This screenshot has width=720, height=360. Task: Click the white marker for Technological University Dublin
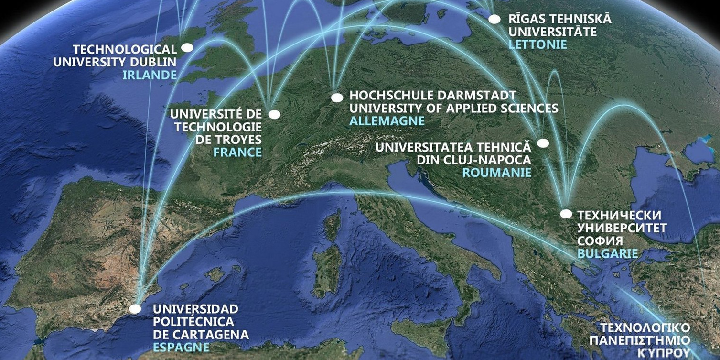tap(187, 48)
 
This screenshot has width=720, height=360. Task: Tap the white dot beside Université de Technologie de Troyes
tap(274, 114)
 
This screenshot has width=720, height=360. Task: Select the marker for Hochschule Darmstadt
tap(337, 98)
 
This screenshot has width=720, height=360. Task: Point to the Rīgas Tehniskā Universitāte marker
tap(494, 19)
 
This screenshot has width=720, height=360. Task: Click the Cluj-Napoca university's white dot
tap(543, 143)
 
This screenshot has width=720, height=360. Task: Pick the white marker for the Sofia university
tap(566, 214)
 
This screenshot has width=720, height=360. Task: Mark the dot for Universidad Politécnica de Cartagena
tap(136, 309)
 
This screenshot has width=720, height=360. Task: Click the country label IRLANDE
tap(150, 75)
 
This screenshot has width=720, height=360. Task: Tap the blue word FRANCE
tap(237, 153)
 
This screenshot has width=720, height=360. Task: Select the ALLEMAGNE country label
tap(387, 121)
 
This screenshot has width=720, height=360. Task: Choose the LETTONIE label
tap(537, 44)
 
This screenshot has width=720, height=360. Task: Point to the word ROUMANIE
tap(497, 173)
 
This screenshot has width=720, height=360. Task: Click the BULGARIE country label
tap(607, 253)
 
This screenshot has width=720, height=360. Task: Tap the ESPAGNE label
tap(181, 347)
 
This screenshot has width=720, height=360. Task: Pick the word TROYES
tap(237, 140)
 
